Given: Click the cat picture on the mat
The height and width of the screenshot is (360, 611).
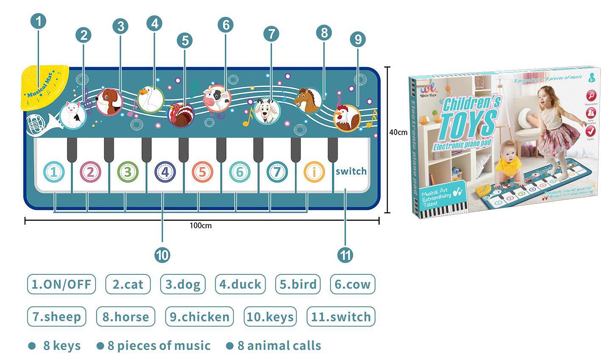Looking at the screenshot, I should pos(73,114).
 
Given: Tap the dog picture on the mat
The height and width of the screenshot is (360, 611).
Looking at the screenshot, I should pos(109,102).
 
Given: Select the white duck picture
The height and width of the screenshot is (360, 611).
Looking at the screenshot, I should pos(151,99).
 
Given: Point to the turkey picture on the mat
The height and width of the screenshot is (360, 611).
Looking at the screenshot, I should pos(181,114).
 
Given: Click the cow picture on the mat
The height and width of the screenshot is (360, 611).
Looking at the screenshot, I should pos(217,98).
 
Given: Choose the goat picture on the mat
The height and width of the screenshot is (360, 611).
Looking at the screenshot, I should pos(267,111).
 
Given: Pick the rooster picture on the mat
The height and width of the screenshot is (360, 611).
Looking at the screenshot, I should pos(347,118).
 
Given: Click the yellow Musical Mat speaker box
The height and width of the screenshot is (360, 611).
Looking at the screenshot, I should pos(44,87).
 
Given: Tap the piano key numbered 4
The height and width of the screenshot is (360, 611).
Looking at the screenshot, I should pos(165,172).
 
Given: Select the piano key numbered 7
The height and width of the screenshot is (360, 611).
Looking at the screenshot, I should pos(277,172).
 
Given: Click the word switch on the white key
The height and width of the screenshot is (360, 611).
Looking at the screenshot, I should pos(351,172).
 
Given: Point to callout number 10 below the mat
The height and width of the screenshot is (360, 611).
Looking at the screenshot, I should pos(162,255).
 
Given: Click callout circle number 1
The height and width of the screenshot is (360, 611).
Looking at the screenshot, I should pos(39,21).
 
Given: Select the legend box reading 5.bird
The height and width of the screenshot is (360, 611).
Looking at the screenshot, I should pos(298,284).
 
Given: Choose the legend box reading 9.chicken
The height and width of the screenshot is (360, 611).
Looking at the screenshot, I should pos(199,317).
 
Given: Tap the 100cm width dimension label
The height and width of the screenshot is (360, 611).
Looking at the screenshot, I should pos(200,225).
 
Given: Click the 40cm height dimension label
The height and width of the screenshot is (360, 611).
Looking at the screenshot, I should pos(398,132).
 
